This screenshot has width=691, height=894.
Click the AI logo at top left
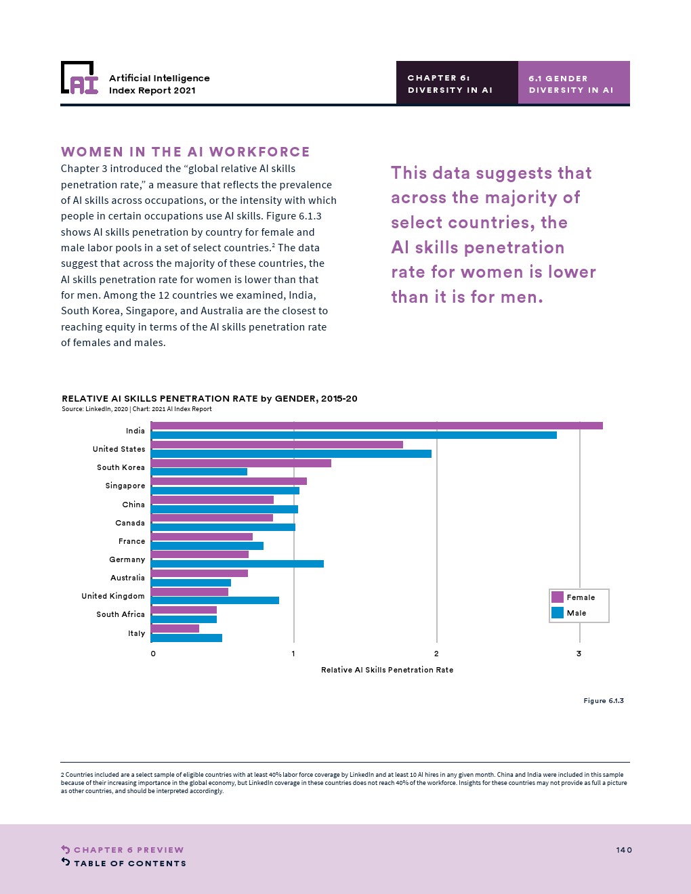(x=79, y=78)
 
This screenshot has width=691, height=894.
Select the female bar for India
(x=377, y=426)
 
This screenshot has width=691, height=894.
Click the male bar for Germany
(x=237, y=563)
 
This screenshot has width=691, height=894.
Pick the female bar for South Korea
(x=241, y=463)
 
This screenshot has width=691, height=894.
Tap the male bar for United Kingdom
(x=215, y=600)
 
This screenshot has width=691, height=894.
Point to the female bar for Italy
(x=175, y=629)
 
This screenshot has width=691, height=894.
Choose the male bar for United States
(x=291, y=454)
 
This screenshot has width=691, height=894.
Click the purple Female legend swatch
(x=558, y=597)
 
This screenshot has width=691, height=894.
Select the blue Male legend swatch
(x=558, y=612)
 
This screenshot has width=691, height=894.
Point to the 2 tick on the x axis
(x=436, y=654)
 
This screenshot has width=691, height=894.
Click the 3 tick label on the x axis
(x=579, y=654)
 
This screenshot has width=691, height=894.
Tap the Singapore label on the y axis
(x=125, y=486)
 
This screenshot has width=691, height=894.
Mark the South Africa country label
(x=121, y=614)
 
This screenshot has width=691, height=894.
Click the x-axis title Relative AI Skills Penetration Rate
(x=387, y=670)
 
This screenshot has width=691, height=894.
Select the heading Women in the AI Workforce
(x=186, y=152)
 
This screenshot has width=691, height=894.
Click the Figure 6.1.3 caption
(x=604, y=701)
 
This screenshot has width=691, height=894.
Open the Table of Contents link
(x=129, y=864)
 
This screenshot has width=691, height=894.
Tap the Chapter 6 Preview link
(x=128, y=850)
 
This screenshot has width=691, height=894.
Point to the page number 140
(x=624, y=850)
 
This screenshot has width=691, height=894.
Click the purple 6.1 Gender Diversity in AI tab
(x=573, y=83)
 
